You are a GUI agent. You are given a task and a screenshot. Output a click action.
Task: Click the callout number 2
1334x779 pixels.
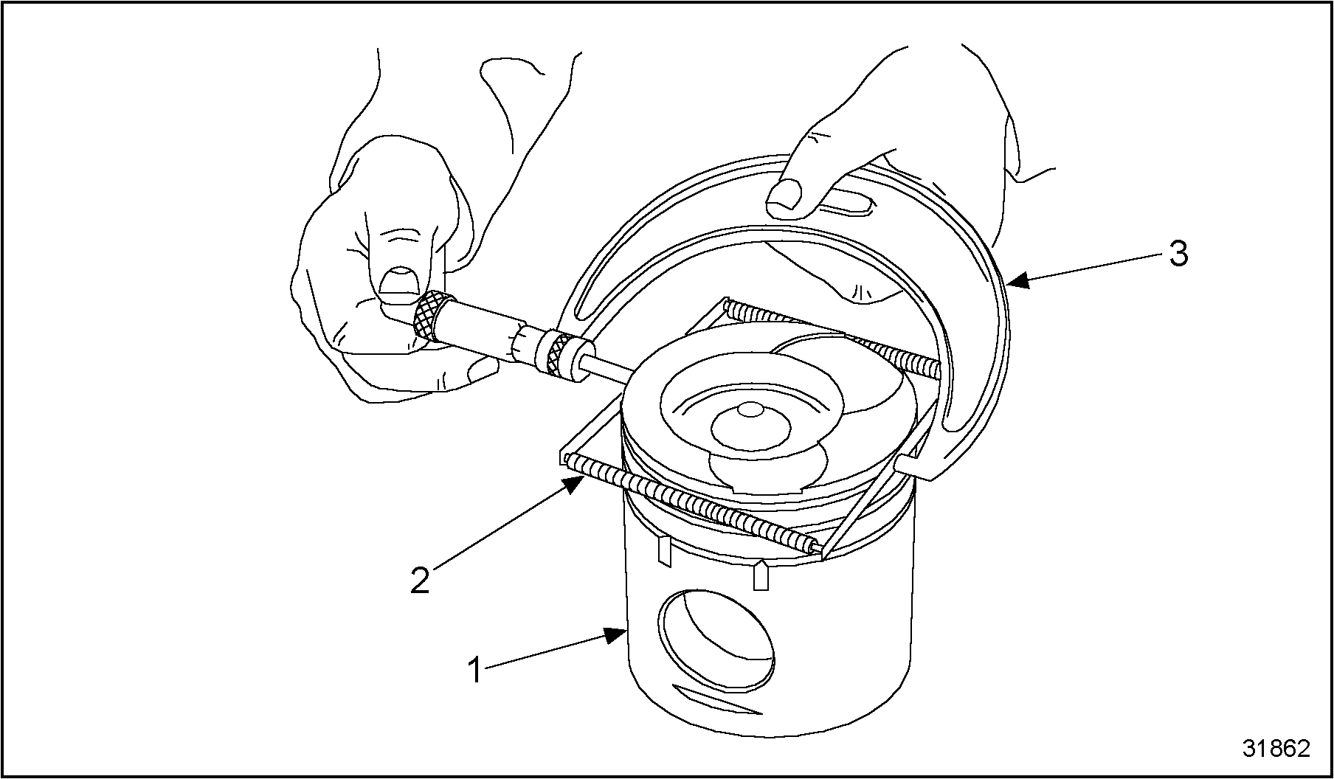click(420, 581)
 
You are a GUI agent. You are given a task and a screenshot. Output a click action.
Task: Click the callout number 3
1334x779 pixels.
click(1178, 255)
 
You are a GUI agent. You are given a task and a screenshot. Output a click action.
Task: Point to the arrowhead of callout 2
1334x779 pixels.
click(574, 485)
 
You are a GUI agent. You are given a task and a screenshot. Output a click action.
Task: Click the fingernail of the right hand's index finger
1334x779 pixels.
click(784, 196)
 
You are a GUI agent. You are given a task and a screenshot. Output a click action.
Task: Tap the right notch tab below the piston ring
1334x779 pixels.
click(761, 575)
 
